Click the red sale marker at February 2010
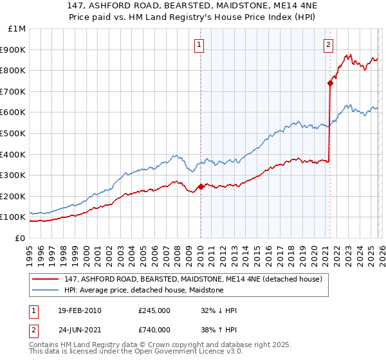200,186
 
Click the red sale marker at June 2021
330,83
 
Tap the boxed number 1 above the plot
199,44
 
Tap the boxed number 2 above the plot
328,44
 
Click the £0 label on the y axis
20,238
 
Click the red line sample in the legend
46,279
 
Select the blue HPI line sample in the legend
46,290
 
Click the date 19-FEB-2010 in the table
79,310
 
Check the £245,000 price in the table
154,310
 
